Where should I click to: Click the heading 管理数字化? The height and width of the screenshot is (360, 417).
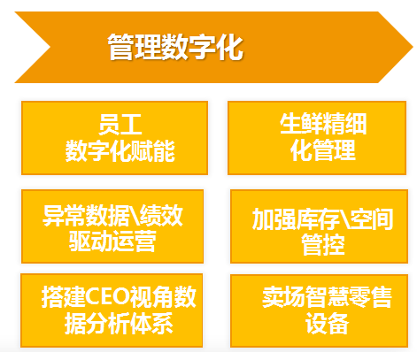pos(175,47)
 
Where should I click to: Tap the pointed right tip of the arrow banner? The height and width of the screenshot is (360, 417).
pos(413,47)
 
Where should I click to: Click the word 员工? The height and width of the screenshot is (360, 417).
pos(120,124)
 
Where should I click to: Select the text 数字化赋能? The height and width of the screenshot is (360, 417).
pos(120,150)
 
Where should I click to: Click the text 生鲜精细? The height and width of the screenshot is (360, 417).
pos(323,124)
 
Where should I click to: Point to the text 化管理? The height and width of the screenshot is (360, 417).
pos(323,150)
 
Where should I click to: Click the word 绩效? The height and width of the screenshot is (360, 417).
pos(161,216)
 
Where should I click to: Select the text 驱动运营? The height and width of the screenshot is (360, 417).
pos(112,241)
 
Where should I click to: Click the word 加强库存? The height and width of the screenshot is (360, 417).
pos(296,219)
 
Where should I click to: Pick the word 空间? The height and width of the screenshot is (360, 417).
pos(372,219)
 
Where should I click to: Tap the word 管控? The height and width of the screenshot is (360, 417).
pos(323,245)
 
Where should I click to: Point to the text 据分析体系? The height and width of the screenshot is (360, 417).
pos(119,324)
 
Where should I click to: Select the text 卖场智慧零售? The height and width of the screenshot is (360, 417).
pos(327,297)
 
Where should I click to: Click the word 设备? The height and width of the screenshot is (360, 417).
pos(327,324)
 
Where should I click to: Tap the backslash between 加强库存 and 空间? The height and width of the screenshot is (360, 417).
pos(344,219)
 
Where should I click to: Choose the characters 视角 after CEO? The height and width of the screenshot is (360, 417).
pos(152,297)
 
